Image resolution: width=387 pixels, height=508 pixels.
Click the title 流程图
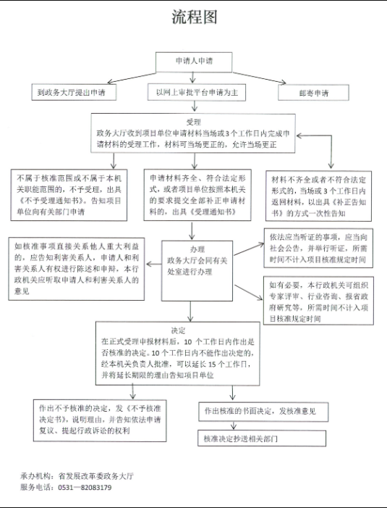click(x=195, y=17)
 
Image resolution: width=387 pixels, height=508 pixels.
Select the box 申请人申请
click(x=194, y=62)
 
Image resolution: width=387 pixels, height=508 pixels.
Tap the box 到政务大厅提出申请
click(x=74, y=92)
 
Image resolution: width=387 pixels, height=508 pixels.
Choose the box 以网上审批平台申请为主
click(x=197, y=92)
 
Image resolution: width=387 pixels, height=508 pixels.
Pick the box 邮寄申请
click(x=314, y=93)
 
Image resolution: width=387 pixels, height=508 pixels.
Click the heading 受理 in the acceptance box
click(x=193, y=122)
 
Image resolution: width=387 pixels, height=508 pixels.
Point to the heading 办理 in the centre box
click(x=197, y=249)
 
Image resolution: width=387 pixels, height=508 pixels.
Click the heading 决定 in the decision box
click(x=178, y=330)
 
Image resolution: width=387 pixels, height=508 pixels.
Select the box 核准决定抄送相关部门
click(x=262, y=438)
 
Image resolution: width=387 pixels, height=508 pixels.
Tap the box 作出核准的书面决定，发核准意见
click(x=263, y=412)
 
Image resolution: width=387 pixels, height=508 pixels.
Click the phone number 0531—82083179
click(x=85, y=487)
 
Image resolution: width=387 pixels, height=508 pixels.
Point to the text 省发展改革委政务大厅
click(x=95, y=476)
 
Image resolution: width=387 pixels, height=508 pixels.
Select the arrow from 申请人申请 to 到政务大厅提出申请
click(x=132, y=78)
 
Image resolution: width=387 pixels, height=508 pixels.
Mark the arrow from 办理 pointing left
click(x=154, y=264)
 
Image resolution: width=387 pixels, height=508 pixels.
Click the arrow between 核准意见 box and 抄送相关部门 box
click(x=234, y=425)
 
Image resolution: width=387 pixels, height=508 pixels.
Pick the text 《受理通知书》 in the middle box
click(x=213, y=212)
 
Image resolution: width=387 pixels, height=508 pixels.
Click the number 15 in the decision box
click(x=212, y=365)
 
